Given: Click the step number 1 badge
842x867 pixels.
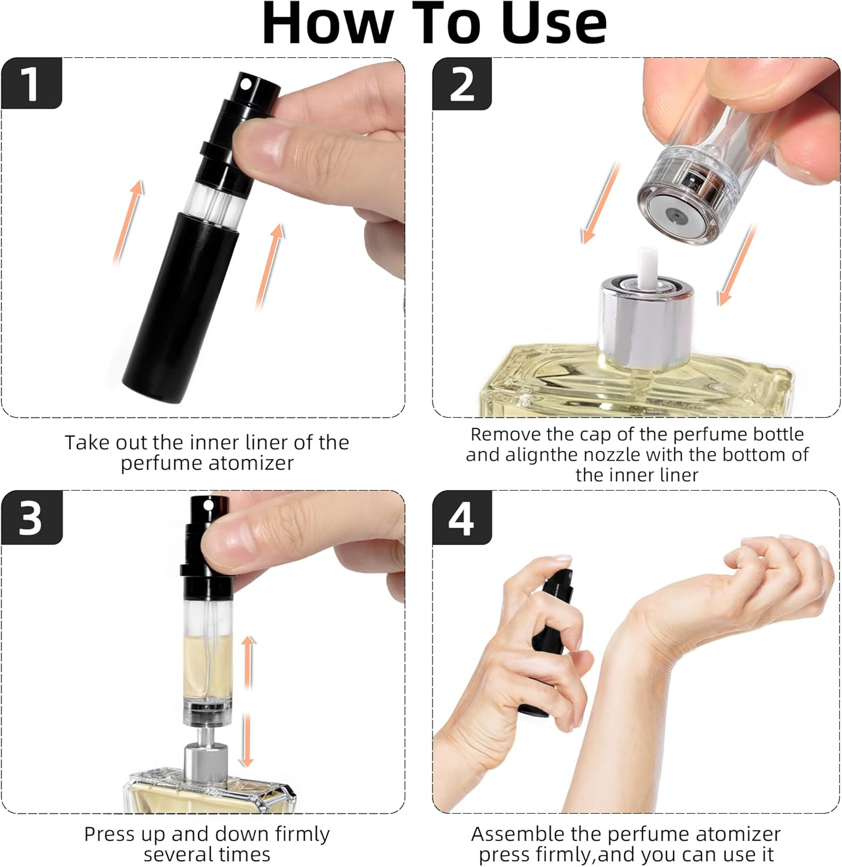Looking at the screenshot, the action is (31, 83).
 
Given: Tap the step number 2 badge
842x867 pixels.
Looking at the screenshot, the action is (461, 84).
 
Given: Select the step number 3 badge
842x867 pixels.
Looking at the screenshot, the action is (31, 517).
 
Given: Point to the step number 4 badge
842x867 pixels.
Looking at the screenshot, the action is (461, 517).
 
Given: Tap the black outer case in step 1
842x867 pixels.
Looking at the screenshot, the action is (180, 306).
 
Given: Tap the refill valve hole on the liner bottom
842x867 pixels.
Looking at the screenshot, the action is (673, 216).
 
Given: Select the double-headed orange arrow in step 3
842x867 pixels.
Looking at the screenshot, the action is (248, 701).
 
